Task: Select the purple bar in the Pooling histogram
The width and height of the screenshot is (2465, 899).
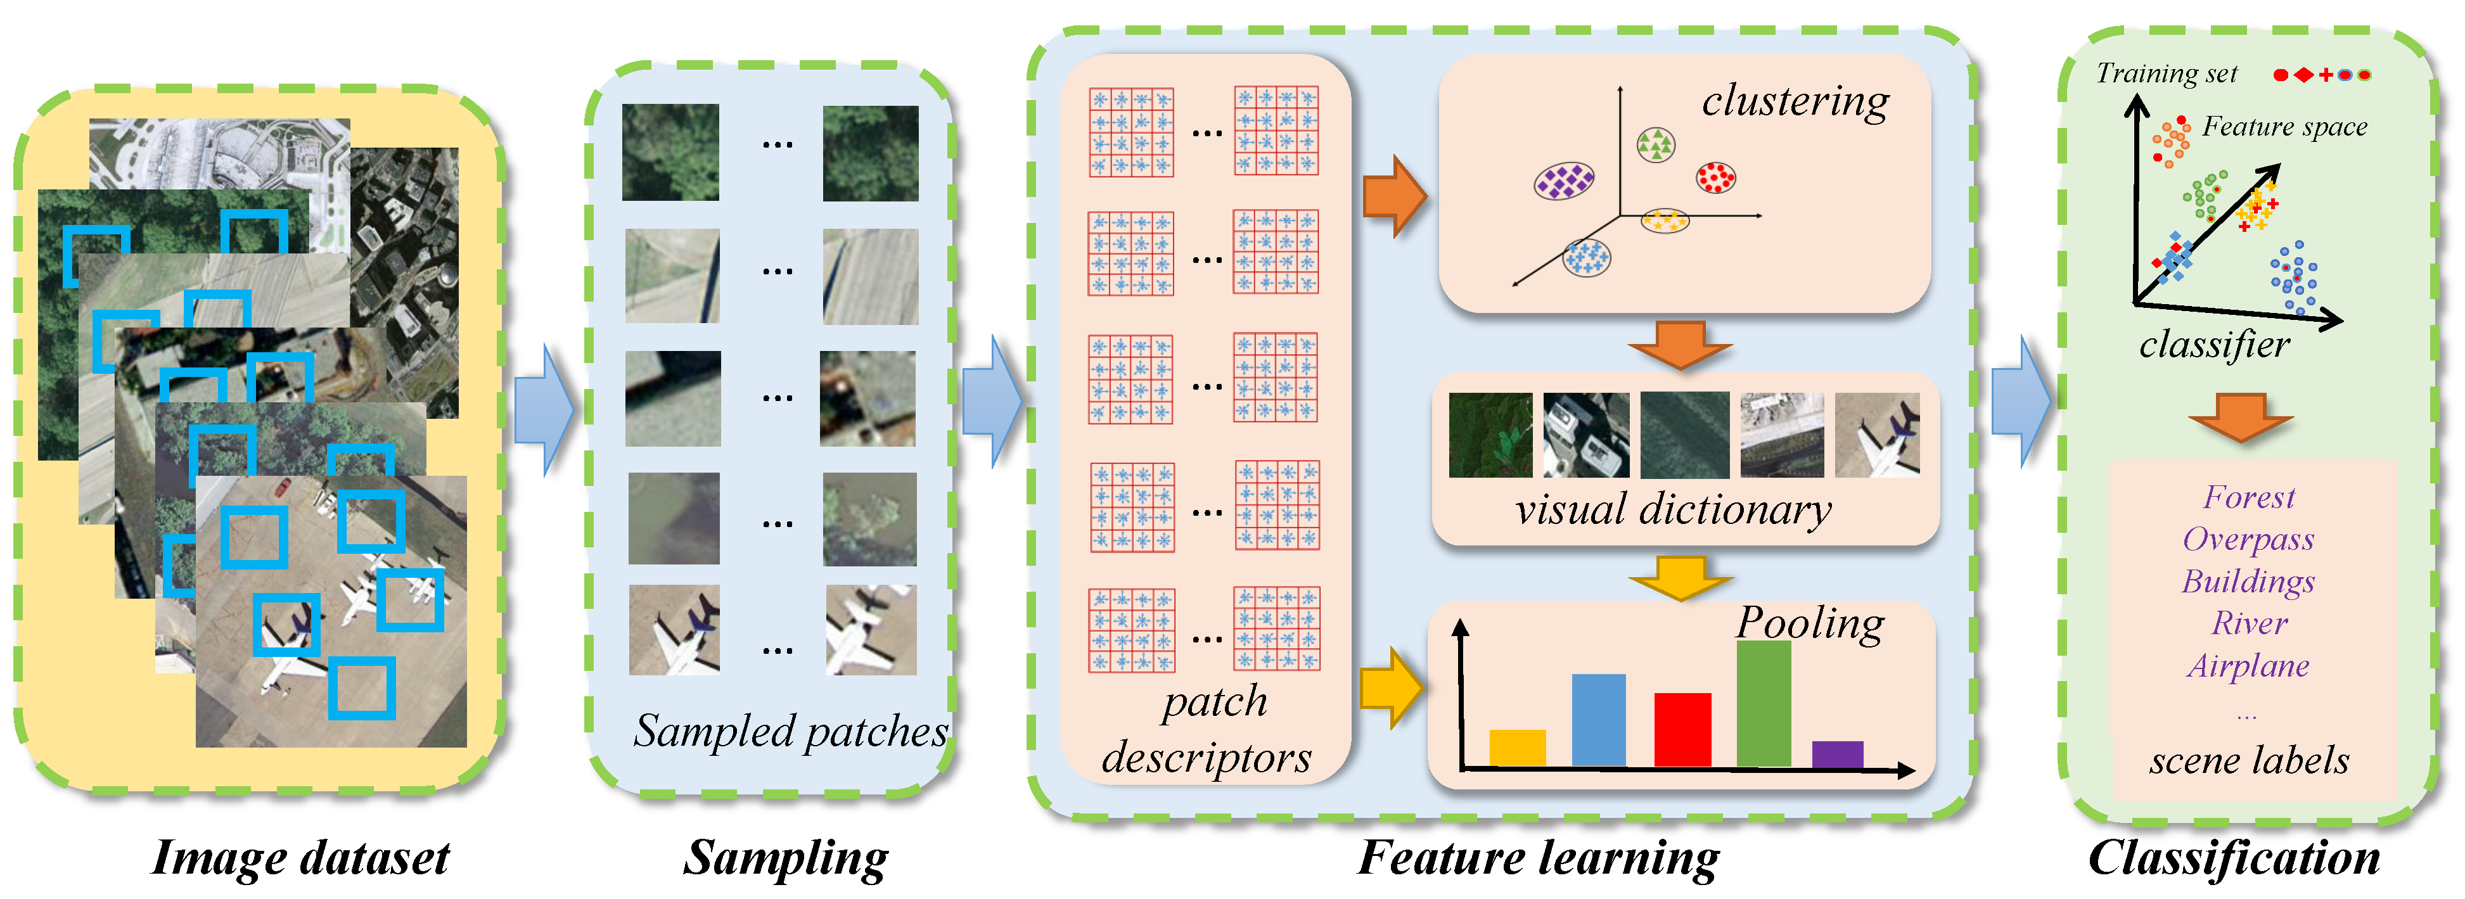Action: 1836,754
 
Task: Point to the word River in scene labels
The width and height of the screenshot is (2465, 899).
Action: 2249,623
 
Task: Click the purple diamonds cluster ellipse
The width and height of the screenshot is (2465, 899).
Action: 1563,180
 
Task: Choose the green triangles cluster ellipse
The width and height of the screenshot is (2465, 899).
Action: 1655,145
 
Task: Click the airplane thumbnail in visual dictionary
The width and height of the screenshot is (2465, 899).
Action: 1876,435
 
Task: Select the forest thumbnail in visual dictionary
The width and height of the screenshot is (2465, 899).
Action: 1490,435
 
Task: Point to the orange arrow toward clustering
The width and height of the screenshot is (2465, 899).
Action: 1394,196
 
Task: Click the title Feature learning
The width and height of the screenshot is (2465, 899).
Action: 1538,858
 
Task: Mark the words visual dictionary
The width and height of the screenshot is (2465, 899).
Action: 1673,510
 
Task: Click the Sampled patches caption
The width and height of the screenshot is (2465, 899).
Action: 790,732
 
